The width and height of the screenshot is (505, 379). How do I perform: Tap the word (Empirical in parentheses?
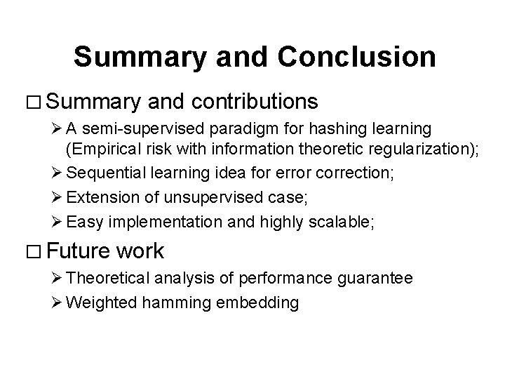(x=97, y=148)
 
